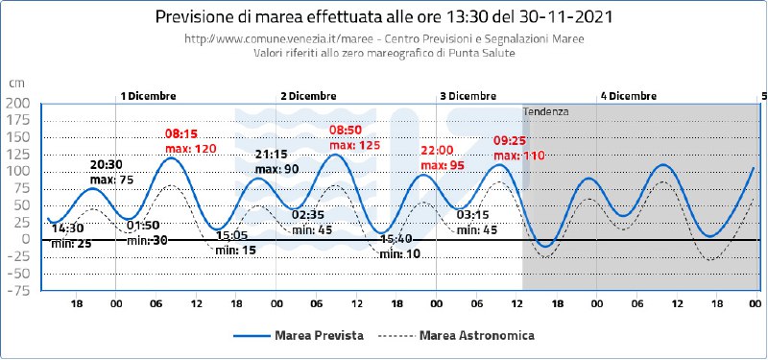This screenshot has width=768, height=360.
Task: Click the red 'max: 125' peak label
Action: [354, 146]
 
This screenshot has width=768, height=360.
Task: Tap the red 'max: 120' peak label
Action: [190, 149]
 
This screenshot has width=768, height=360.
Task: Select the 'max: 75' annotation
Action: [112, 180]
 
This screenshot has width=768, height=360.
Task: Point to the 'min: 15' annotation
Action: [236, 250]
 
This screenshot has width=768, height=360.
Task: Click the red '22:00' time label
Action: [437, 151]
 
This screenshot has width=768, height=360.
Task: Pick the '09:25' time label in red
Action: [510, 141]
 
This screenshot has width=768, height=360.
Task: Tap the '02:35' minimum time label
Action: [308, 216]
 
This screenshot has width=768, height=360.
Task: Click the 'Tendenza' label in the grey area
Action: [545, 111]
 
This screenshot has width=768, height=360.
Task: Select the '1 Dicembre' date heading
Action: [149, 96]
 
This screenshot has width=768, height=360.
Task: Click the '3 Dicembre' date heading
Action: [468, 96]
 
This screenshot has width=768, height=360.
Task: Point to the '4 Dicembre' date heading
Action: [629, 96]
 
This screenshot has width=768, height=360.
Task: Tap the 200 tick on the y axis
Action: [18, 104]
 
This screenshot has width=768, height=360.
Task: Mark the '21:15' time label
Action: [272, 155]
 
